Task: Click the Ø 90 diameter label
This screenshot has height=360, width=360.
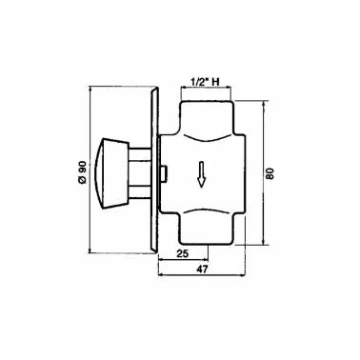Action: tap(82, 171)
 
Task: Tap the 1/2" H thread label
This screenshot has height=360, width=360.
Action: tap(205, 82)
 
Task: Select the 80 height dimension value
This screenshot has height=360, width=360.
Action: tap(270, 173)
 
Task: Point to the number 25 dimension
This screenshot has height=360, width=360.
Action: tap(182, 253)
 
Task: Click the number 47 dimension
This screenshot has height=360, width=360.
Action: tap(202, 270)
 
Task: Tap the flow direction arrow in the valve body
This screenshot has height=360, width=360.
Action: tap(201, 174)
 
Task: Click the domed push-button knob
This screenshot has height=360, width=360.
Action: tap(111, 173)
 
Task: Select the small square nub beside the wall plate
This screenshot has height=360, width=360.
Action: tap(164, 174)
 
